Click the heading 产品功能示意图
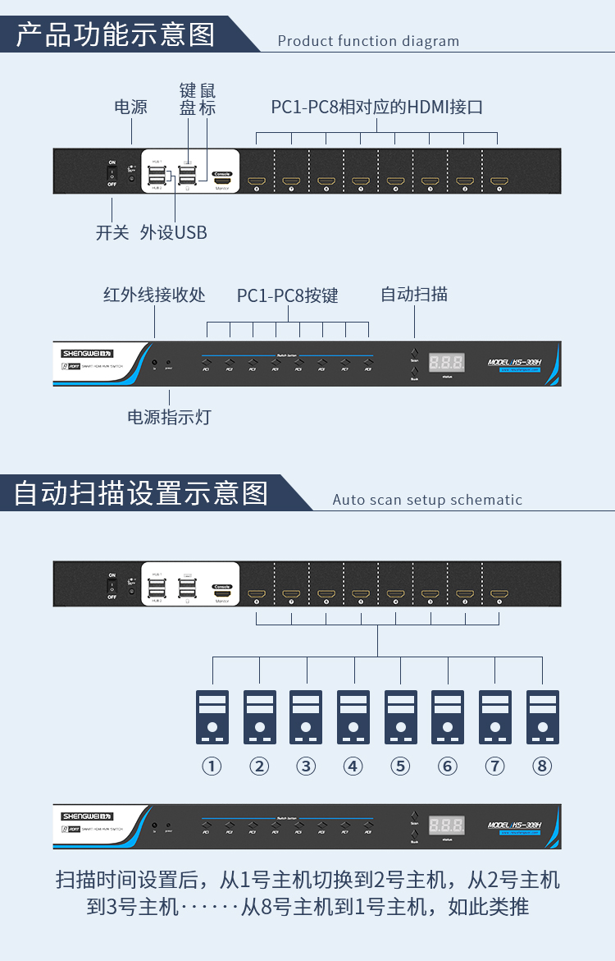coord(116,34)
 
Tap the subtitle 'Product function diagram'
coord(368,41)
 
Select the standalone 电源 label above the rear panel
coord(130,107)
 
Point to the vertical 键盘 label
coord(188,99)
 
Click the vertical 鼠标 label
coord(207,99)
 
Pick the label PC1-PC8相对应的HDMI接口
coord(376,108)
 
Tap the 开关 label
coord(112,232)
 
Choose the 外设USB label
coord(174,232)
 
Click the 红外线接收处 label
coord(154,295)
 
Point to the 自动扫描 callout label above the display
coord(414,294)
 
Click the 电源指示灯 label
coord(169,417)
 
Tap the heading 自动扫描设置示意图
coord(141,493)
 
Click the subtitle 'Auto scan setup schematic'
coord(427,500)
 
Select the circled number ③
coord(306,766)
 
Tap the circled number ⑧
coord(542,766)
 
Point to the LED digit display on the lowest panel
coord(447,825)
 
